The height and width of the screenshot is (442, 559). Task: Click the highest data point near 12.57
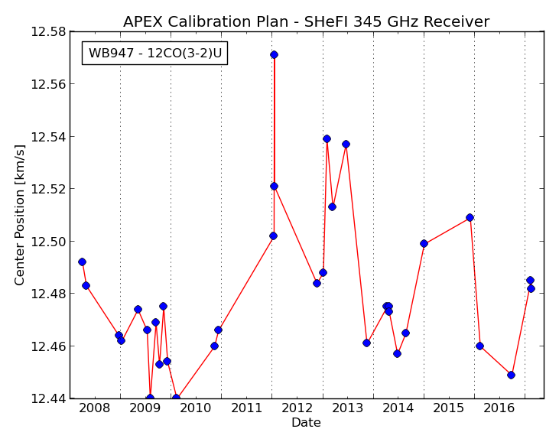click(x=275, y=54)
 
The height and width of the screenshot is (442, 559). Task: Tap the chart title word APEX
click(x=143, y=21)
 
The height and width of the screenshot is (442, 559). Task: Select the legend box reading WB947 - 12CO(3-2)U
click(x=154, y=54)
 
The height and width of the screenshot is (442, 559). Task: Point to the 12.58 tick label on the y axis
click(x=49, y=31)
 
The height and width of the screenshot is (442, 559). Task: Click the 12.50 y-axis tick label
click(x=49, y=242)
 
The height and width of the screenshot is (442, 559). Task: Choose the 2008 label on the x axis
click(x=95, y=408)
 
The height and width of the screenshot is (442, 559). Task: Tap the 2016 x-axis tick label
click(x=499, y=408)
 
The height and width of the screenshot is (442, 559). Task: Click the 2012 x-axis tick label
click(x=297, y=408)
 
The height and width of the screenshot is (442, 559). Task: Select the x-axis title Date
click(x=306, y=423)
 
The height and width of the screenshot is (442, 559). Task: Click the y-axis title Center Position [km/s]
click(x=20, y=215)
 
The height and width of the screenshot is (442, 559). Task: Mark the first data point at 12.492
click(x=82, y=262)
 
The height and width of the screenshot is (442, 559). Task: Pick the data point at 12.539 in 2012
click(x=327, y=138)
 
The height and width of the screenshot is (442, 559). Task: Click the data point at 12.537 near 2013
click(x=346, y=144)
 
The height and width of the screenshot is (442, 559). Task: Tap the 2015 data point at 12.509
click(x=470, y=217)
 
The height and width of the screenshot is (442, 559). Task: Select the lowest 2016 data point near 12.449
click(x=511, y=375)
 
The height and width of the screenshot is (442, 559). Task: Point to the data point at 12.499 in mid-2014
click(x=424, y=244)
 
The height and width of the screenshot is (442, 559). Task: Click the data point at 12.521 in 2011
click(x=275, y=186)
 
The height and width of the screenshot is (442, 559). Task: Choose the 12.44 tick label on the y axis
click(x=49, y=398)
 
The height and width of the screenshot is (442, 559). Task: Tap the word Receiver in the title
click(x=457, y=21)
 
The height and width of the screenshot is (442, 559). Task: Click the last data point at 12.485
click(x=530, y=280)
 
